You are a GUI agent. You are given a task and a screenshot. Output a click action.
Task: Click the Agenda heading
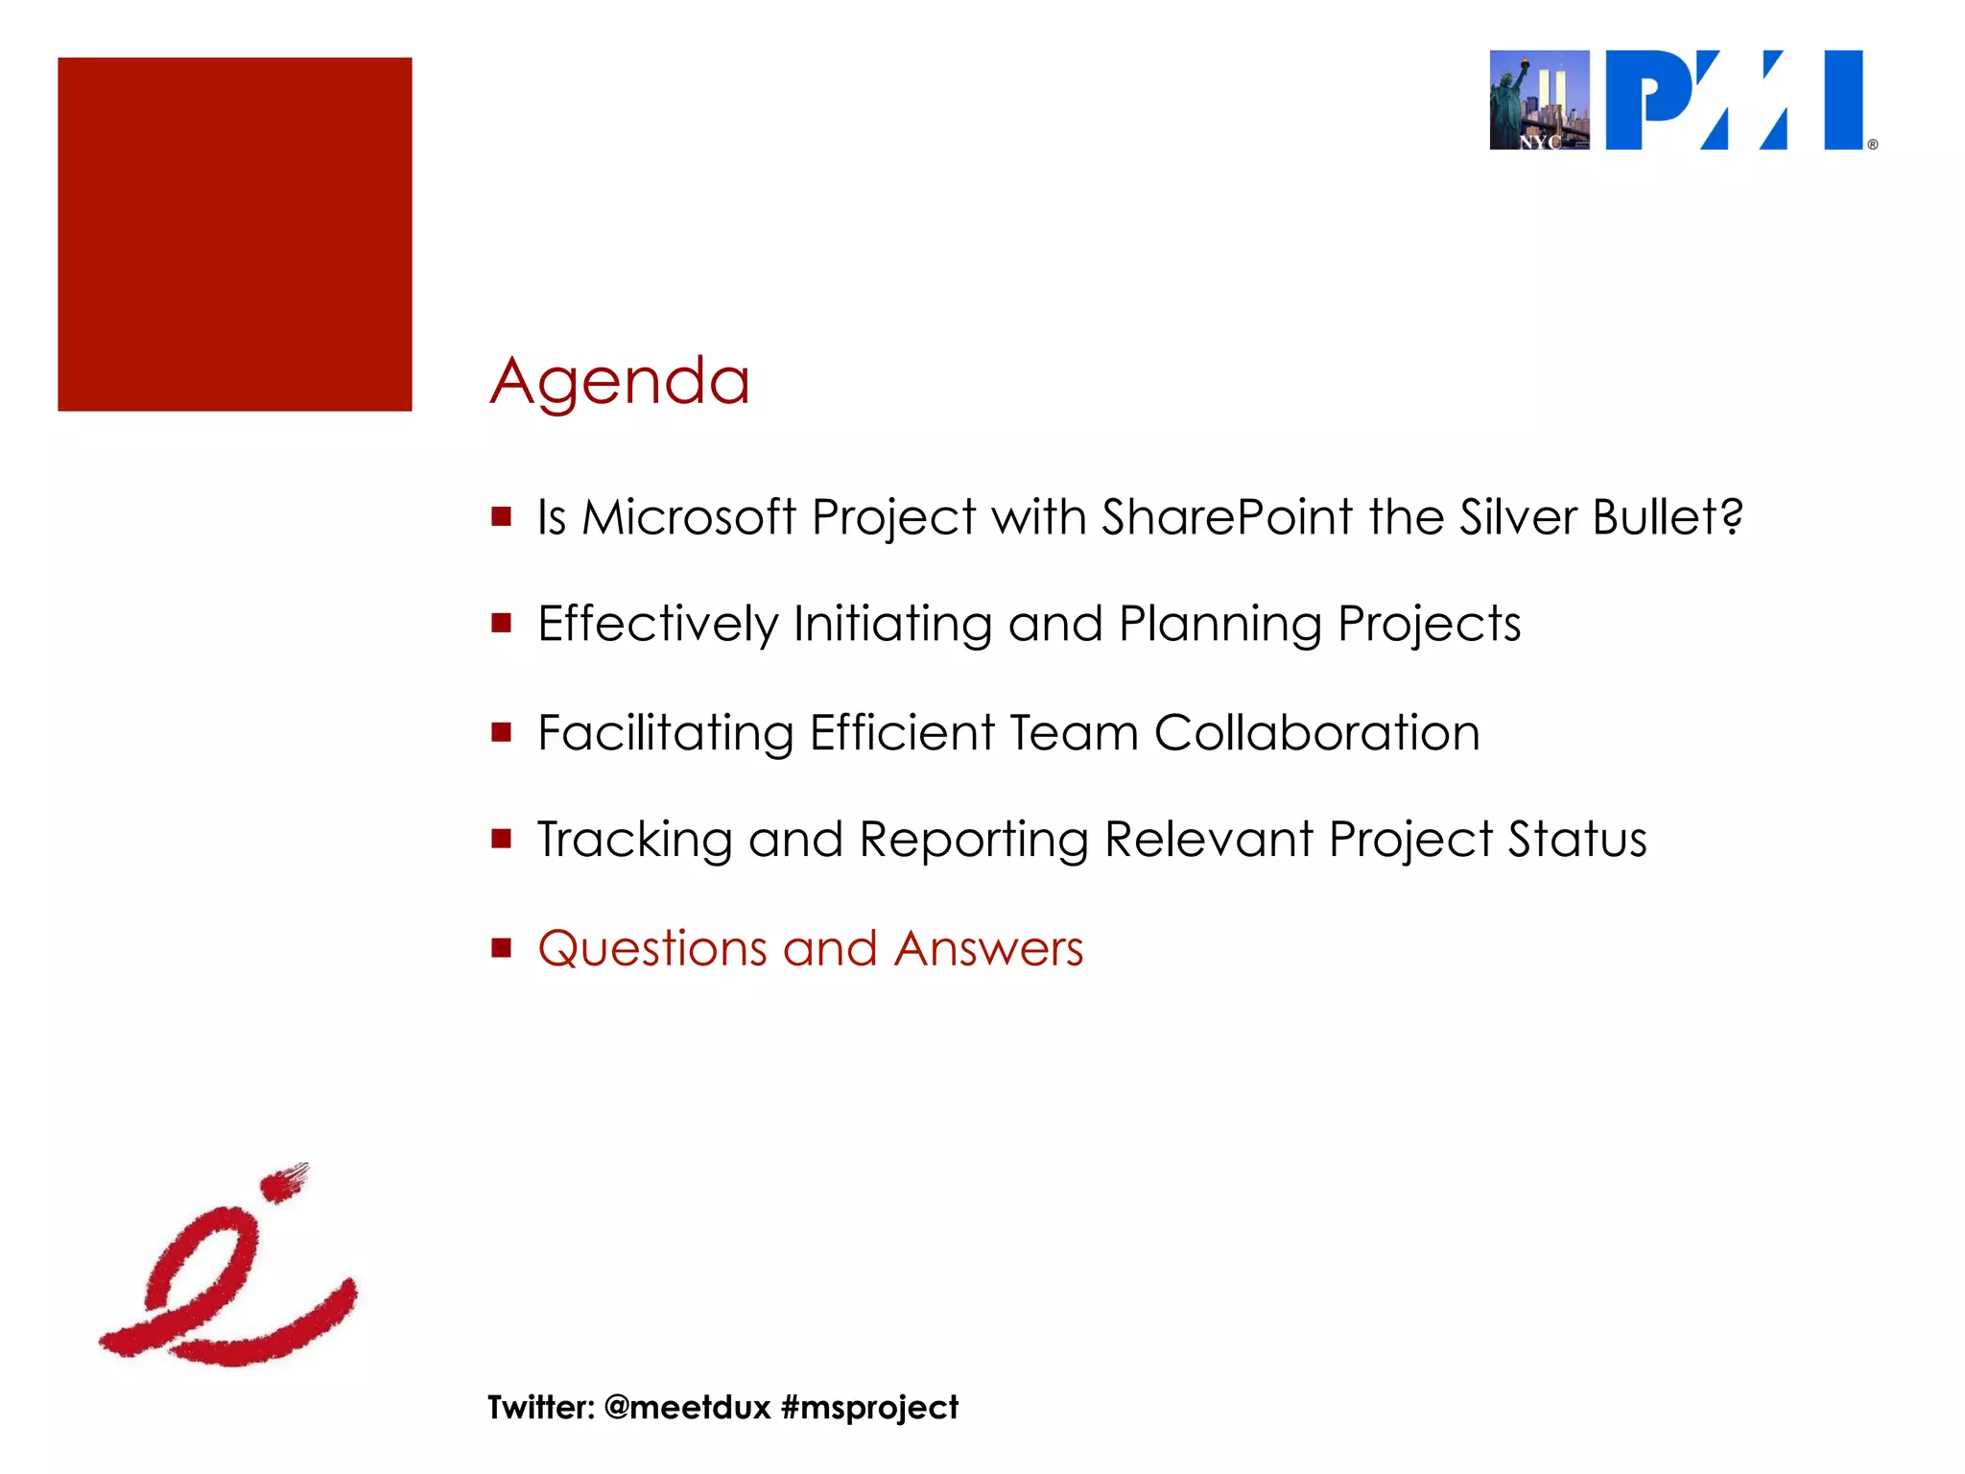coord(620,382)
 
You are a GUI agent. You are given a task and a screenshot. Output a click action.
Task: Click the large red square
coord(235,234)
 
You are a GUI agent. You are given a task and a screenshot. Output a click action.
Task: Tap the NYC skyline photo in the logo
coord(1539,100)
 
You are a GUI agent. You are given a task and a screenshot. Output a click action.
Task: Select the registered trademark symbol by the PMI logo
coord(1872,145)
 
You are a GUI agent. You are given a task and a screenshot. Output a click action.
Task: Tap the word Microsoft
coord(688,517)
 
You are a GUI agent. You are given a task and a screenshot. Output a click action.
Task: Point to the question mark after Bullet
coord(1731,517)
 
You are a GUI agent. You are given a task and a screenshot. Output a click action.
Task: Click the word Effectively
coord(657,625)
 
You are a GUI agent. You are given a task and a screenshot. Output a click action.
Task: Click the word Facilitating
coord(665,733)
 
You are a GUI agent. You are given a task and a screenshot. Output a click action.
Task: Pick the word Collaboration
coord(1316,733)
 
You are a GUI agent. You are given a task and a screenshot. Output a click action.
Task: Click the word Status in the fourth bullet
coord(1576,840)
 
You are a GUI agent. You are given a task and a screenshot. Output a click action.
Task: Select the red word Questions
coord(651,949)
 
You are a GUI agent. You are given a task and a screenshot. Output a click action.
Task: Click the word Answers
coord(988,949)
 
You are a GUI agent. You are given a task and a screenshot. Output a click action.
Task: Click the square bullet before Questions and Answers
coord(501,948)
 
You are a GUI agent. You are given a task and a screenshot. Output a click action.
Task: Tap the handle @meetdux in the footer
coord(687,1407)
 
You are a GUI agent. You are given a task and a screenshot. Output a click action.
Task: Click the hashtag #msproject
coord(869,1408)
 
